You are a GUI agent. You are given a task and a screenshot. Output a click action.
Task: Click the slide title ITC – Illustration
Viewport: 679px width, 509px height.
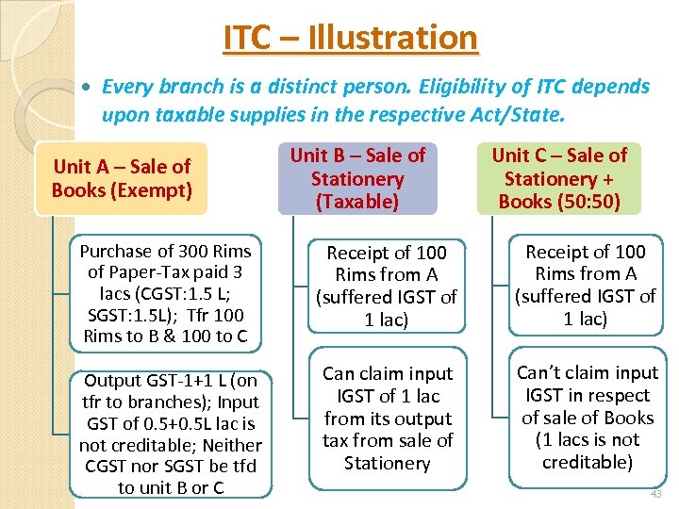pos(350,38)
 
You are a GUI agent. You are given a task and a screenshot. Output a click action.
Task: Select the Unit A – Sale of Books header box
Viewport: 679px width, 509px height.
pos(122,178)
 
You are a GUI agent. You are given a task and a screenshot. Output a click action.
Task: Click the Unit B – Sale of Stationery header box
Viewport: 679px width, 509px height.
pos(357,178)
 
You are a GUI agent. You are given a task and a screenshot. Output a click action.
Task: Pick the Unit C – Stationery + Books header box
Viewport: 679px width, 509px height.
pos(559,178)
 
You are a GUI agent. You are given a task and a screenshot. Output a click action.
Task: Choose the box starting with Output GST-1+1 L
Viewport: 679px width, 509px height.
pos(171,434)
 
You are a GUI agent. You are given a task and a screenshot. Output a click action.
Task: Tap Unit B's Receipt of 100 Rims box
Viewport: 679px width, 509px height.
pos(387,287)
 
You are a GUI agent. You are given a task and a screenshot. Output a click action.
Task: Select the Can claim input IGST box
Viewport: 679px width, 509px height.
pos(387,419)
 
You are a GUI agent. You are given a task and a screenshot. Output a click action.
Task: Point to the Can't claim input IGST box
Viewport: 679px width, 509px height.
pos(587,418)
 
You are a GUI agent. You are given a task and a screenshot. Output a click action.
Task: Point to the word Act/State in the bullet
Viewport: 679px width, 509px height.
pos(517,116)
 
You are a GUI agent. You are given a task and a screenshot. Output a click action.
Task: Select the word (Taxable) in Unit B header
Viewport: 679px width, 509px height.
pos(357,202)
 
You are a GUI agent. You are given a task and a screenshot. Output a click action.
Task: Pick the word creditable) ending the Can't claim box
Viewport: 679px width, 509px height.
pos(587,462)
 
